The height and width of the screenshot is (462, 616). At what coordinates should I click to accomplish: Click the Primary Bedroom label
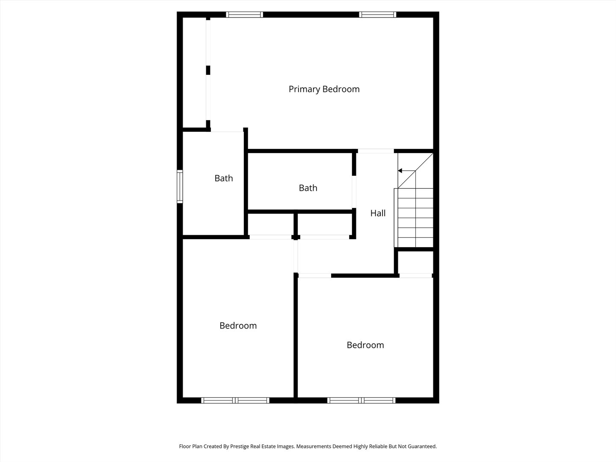(324, 89)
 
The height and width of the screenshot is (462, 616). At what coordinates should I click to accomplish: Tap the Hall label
(378, 213)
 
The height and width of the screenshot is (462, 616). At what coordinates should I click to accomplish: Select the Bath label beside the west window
(224, 178)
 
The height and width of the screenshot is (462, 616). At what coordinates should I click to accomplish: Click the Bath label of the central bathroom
(308, 188)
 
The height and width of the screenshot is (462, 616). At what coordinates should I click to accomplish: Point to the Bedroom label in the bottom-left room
(238, 326)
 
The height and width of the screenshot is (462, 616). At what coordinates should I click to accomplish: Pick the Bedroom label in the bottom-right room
(365, 345)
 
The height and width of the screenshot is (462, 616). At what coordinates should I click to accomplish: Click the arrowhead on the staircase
(400, 171)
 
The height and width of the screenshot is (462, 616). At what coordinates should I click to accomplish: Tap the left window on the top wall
(244, 15)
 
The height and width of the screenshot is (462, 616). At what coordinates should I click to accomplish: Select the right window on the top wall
(377, 15)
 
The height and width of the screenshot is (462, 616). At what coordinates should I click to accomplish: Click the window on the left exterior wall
(180, 187)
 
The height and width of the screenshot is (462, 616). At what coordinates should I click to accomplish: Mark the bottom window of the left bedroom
(235, 400)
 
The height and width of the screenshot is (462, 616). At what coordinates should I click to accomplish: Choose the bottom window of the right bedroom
(361, 400)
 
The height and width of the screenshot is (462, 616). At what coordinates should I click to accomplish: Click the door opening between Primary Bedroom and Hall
(376, 151)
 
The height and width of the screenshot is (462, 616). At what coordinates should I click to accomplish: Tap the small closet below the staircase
(415, 262)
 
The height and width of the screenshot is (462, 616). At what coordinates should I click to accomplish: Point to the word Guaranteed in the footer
(421, 446)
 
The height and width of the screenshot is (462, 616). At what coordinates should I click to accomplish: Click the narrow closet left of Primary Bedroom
(195, 73)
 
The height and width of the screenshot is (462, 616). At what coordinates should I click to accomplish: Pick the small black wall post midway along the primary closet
(208, 70)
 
